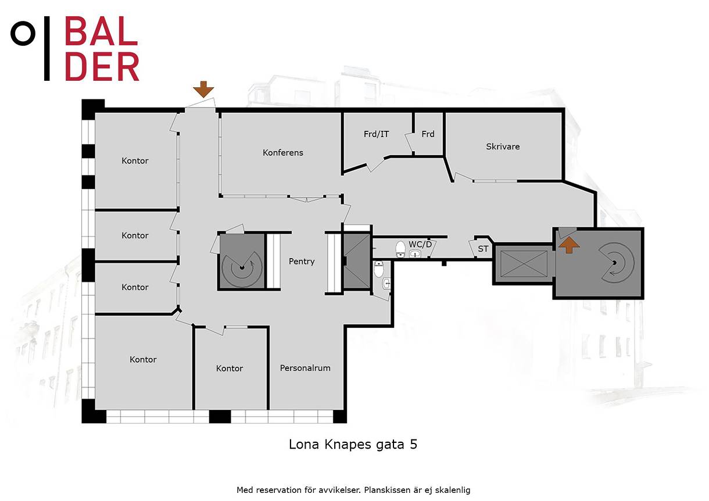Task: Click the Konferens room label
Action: (x=282, y=152)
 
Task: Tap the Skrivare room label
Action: (x=503, y=146)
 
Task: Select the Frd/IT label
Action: (x=376, y=134)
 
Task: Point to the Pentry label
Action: (x=302, y=262)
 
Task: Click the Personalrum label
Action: (x=305, y=368)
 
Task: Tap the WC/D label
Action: (x=420, y=244)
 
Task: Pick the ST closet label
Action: (x=483, y=249)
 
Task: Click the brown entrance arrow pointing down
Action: (x=203, y=90)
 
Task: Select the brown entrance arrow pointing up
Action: (x=569, y=245)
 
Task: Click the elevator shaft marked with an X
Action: (x=524, y=264)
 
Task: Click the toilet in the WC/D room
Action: (x=400, y=249)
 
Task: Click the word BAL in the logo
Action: (x=101, y=31)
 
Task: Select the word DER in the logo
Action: (x=102, y=66)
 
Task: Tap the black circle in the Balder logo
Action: (x=23, y=33)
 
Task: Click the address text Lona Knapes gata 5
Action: (x=353, y=445)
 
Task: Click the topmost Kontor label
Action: (x=135, y=161)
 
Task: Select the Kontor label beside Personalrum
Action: (x=230, y=368)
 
